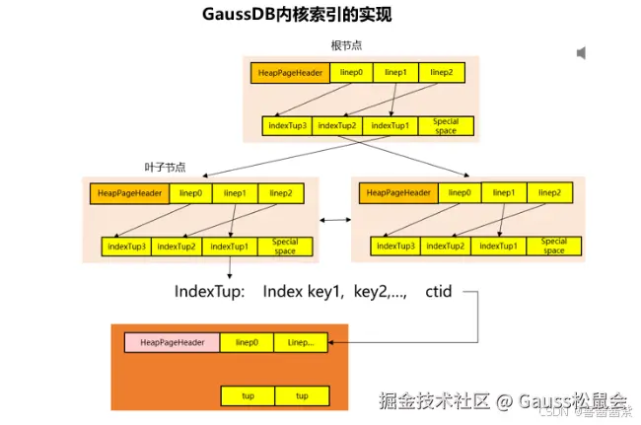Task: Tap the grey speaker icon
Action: pyautogui.click(x=582, y=52)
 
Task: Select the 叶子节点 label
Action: pyautogui.click(x=165, y=167)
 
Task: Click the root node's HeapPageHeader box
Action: pyautogui.click(x=290, y=72)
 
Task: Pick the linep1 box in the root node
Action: pyautogui.click(x=395, y=72)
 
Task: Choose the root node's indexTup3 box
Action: pyautogui.click(x=288, y=126)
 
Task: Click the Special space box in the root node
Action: pyautogui.click(x=446, y=126)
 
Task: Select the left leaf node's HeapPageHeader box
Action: pyautogui.click(x=128, y=193)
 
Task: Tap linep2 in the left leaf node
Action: pyautogui.click(x=280, y=193)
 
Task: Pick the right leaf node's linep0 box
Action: pyautogui.click(x=459, y=193)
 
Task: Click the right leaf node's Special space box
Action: pyautogui.click(x=553, y=247)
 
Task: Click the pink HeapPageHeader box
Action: pyautogui.click(x=172, y=342)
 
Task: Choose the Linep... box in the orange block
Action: pyautogui.click(x=301, y=342)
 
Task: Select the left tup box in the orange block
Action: pyautogui.click(x=248, y=395)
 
